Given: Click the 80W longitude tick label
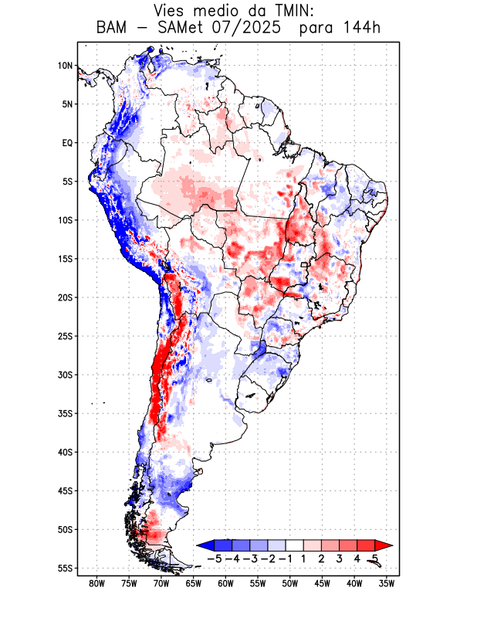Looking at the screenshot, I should click(97, 584).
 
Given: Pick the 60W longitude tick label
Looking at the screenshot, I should click(225, 584).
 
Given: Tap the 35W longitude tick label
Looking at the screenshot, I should click(386, 584).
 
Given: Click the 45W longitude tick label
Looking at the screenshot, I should click(322, 584).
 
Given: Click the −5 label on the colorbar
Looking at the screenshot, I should click(213, 558).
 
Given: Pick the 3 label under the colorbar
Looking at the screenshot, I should click(340, 558).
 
